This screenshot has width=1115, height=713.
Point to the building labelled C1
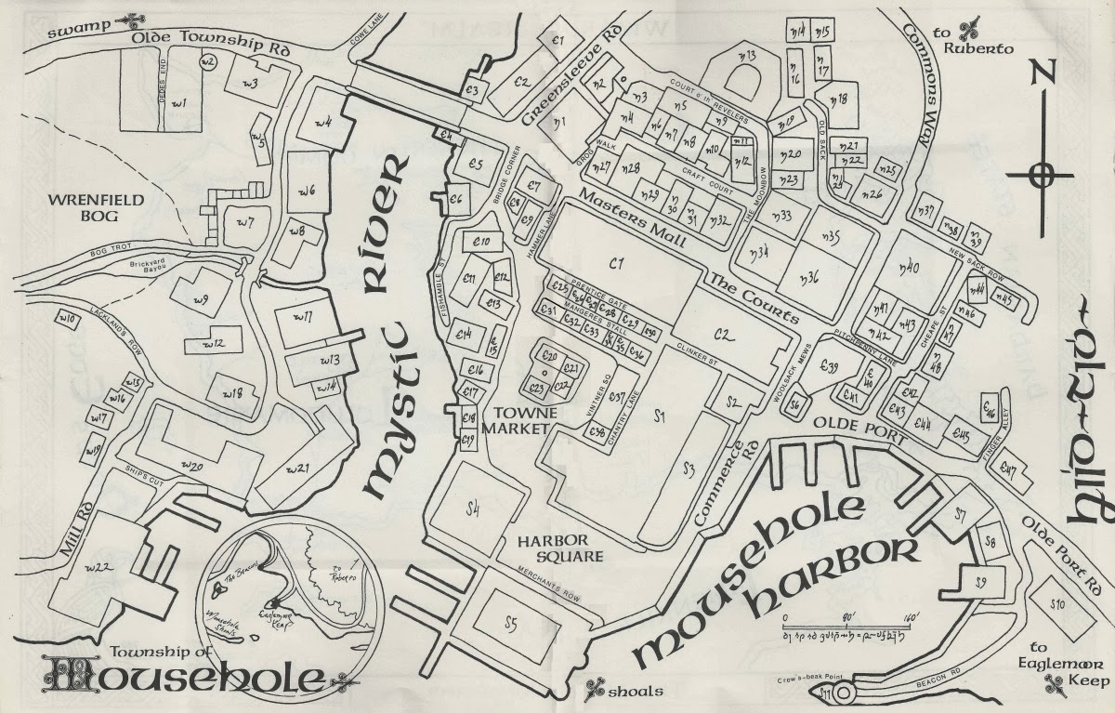613,265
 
